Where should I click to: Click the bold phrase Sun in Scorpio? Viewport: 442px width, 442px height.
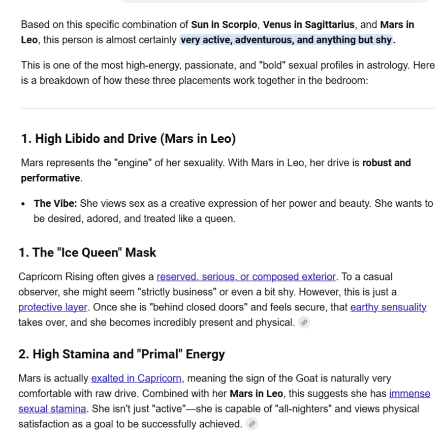pos(225,24)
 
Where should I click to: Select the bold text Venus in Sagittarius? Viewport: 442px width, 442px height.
pos(308,24)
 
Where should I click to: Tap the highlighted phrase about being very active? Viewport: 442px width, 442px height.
pos(286,40)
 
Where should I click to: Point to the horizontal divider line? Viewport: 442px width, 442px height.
pos(228,108)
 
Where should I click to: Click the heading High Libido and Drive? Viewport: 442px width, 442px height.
pos(128,139)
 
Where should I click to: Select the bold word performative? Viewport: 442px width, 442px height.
pos(50,178)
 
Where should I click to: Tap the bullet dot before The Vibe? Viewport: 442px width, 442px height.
pos(24,204)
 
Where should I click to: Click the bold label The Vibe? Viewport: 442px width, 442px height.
pos(55,204)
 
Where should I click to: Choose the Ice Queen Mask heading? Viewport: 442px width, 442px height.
pos(87,252)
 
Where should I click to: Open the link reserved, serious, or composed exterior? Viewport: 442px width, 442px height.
pos(246,277)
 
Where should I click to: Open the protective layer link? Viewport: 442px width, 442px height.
pos(53,307)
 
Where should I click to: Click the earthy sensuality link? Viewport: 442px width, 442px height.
pos(388,307)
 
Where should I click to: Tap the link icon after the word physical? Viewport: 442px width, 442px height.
pos(304,323)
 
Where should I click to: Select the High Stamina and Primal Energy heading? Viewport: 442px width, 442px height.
pos(121,354)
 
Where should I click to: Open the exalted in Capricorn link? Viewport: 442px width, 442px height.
pos(136,378)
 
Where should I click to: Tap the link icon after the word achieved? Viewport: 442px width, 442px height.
pos(251,424)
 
